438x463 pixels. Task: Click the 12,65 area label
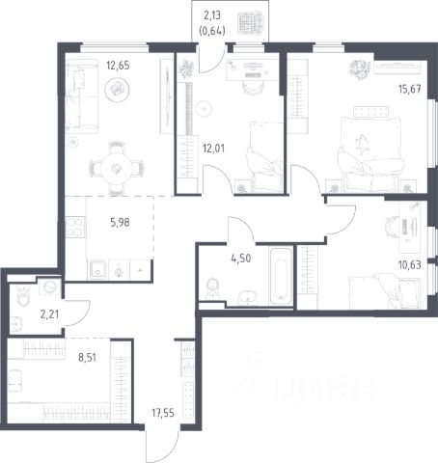coord(118,66)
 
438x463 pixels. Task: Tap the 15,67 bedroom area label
coord(410,89)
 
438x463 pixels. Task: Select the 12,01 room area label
coord(213,149)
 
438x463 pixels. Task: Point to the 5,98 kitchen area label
coord(120,222)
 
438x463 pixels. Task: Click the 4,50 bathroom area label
coord(241,259)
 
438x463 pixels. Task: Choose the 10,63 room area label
coord(410,265)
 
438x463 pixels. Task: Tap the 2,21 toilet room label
coord(49,314)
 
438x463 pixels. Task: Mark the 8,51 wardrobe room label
coord(87,357)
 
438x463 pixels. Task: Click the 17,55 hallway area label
coord(163,413)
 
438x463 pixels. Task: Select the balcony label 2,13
coord(212,15)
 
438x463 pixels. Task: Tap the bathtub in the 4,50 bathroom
coord(281,275)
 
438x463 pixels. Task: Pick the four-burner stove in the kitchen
coord(75,227)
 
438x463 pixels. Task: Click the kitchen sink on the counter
coord(97,270)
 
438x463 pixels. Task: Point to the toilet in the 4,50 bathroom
coord(212,288)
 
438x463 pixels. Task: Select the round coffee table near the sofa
coord(118,89)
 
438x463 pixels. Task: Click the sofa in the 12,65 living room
coord(81,96)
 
